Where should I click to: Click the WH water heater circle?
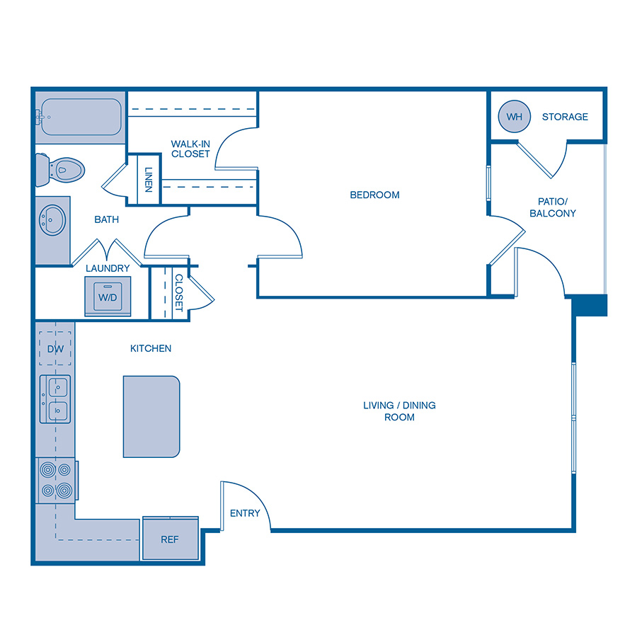(514, 117)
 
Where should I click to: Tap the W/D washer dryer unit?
(108, 297)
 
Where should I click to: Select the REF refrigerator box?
(170, 539)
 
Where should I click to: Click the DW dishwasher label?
(55, 349)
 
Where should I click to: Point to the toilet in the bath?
(62, 168)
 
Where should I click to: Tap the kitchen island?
(151, 417)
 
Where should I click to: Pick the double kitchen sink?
(56, 398)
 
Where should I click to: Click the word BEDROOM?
(374, 195)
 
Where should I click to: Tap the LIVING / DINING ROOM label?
(399, 411)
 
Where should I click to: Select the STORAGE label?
(565, 117)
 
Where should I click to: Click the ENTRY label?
(245, 513)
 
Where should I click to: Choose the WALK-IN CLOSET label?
(190, 149)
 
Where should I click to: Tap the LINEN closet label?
(149, 179)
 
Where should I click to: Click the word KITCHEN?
(150, 348)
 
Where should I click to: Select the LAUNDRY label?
(108, 268)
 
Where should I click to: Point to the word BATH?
(107, 219)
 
